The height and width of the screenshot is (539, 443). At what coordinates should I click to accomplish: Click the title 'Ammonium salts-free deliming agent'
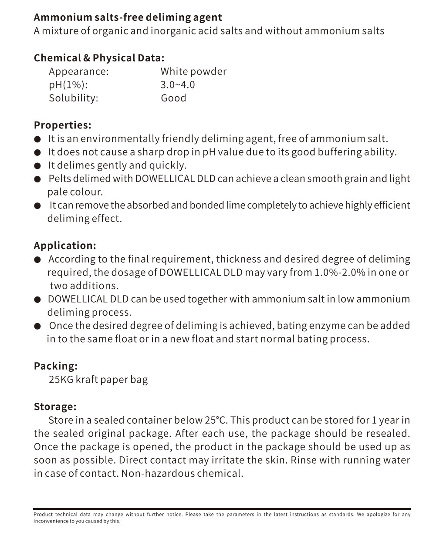(x=128, y=17)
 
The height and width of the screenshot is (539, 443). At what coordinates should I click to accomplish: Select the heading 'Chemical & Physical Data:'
(x=99, y=58)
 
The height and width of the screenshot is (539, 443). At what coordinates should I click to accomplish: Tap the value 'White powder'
(x=193, y=71)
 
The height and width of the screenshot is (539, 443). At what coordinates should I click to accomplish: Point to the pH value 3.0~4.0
(x=178, y=84)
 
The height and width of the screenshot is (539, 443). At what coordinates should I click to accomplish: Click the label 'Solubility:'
(x=74, y=98)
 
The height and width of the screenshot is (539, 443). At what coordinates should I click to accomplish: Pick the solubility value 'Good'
(x=173, y=98)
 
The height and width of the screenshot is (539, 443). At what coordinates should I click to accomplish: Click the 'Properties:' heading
(x=63, y=125)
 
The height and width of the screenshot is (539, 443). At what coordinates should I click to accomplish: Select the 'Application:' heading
(x=65, y=245)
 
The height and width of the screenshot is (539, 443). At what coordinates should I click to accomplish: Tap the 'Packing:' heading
(x=56, y=366)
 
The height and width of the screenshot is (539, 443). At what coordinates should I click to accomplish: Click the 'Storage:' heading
(x=55, y=407)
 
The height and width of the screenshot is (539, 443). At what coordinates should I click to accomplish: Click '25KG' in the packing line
(x=61, y=380)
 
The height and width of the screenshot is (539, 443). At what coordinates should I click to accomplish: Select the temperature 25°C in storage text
(x=216, y=420)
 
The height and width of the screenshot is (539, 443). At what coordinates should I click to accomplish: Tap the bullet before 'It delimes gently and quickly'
(x=38, y=166)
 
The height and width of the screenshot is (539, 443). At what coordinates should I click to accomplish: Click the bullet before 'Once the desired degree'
(x=38, y=326)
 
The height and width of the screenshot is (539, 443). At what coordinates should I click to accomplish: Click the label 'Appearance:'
(x=79, y=71)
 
